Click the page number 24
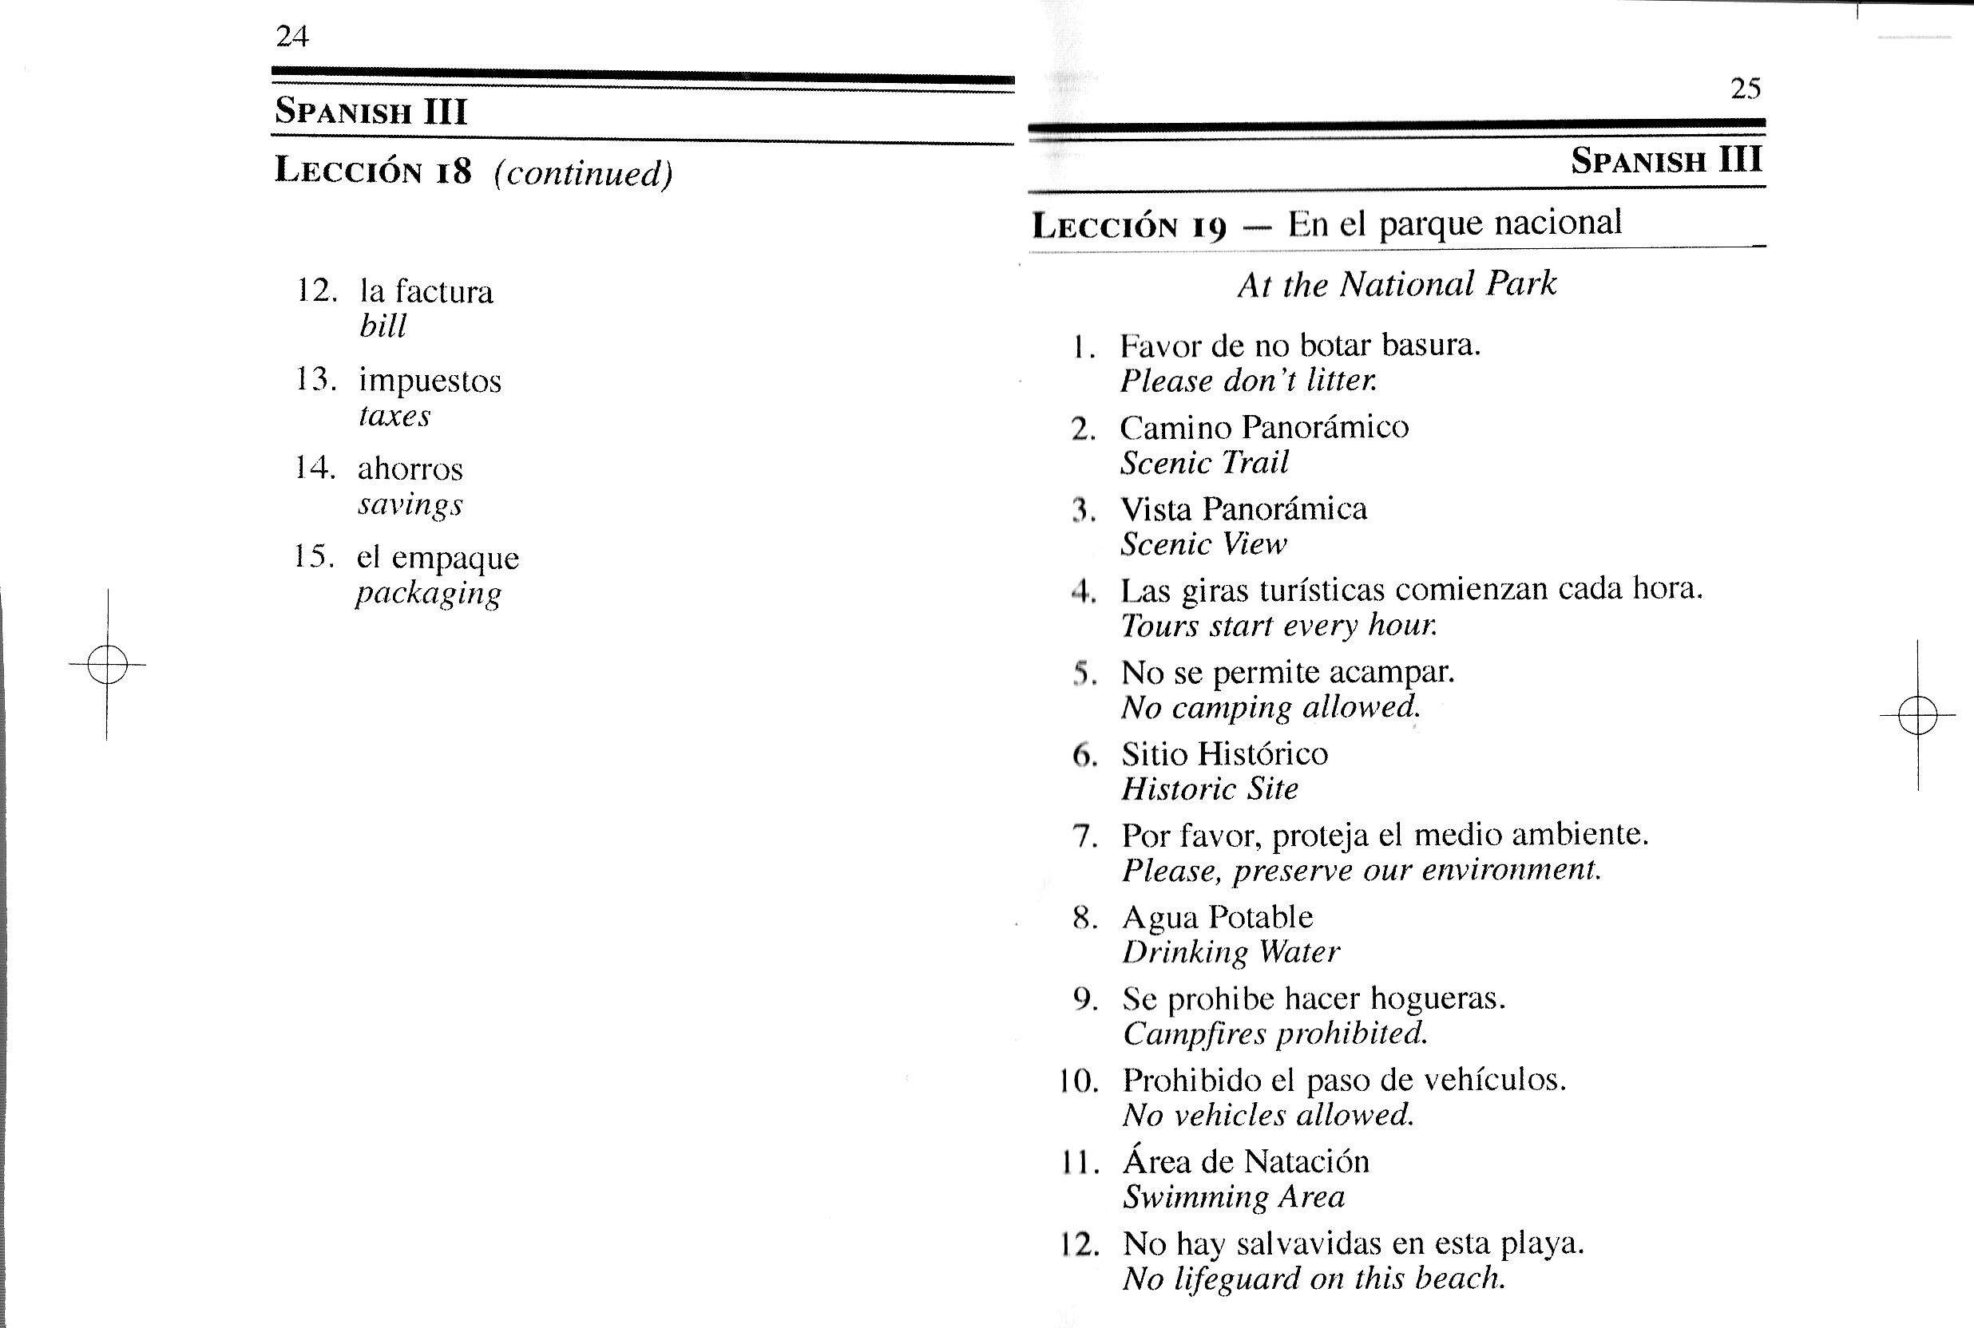292,37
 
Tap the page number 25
1746,88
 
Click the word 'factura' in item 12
444,291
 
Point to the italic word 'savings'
410,504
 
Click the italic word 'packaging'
428,593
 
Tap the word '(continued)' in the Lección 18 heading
584,174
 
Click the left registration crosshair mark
107,664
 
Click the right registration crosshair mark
1917,715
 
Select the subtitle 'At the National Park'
1397,284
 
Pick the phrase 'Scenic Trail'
1204,462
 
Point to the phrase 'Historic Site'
1210,789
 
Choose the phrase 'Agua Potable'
1218,917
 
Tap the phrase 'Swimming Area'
1234,1197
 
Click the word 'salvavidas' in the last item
1310,1243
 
